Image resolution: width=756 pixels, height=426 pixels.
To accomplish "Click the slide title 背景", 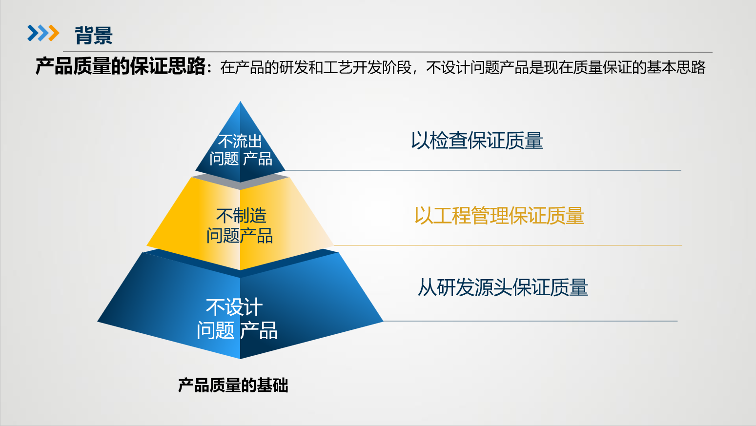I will tap(94, 35).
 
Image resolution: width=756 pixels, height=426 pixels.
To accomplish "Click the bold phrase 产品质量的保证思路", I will tap(121, 66).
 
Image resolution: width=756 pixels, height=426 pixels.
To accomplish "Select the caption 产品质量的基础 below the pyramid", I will tap(233, 385).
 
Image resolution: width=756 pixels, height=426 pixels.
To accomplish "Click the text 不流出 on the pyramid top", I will tap(240, 142).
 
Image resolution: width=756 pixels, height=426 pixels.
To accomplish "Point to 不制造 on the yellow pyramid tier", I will tap(241, 215).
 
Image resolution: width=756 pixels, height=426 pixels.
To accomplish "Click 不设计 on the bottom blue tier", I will tap(234, 307).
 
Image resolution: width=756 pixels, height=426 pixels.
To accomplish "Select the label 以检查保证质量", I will tap(477, 141).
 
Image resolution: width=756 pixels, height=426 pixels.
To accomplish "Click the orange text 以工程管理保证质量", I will tap(499, 216).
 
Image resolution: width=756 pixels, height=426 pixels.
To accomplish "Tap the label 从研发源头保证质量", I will tap(503, 287).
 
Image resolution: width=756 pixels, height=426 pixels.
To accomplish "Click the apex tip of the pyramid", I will tap(240, 103).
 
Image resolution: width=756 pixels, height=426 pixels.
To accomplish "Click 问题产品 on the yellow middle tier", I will tap(239, 236).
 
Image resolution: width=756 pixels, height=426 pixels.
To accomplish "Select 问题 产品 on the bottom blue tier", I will tap(237, 331).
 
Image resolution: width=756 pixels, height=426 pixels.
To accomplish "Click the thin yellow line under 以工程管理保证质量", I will tap(508, 245).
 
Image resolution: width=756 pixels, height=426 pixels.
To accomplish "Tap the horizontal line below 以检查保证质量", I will tap(483, 170).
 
